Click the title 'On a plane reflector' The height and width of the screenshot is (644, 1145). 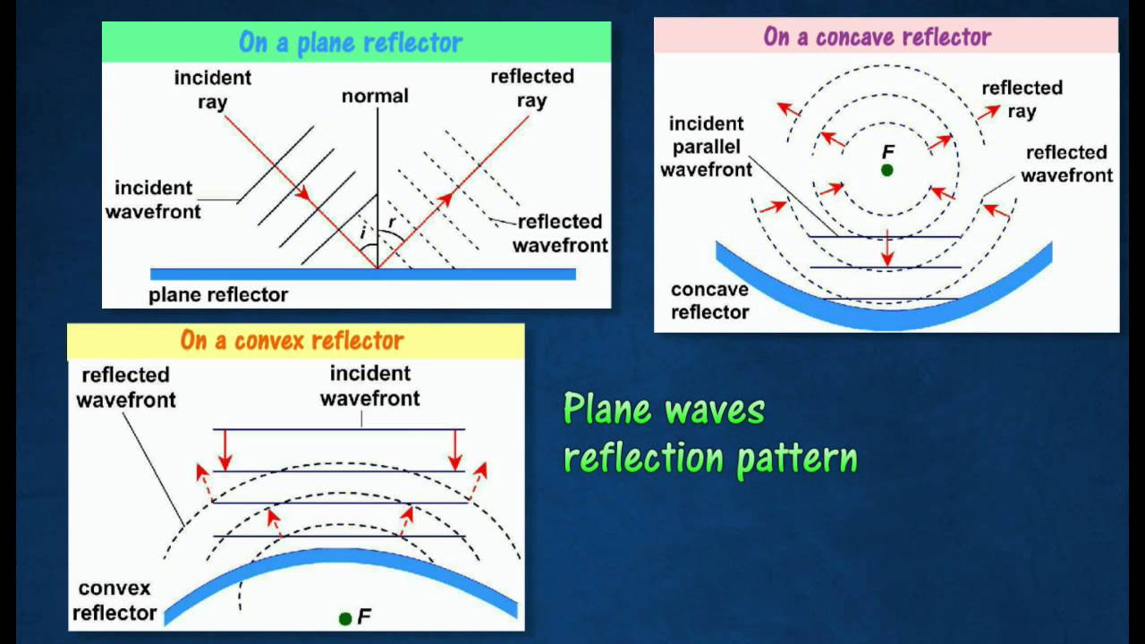[351, 42]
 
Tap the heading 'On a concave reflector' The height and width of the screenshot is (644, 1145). [878, 37]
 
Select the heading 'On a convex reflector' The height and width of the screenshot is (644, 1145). [292, 341]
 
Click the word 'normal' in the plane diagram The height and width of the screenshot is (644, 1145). [375, 96]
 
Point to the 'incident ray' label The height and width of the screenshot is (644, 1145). [213, 90]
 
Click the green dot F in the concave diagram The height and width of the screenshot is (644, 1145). [887, 170]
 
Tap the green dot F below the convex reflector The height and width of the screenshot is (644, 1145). [345, 619]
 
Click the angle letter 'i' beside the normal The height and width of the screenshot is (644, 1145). [362, 233]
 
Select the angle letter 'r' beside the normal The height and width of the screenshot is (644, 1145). [392, 223]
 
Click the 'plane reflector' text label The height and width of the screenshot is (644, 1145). [218, 295]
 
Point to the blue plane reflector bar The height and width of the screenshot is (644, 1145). [363, 275]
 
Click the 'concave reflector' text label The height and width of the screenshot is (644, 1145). [710, 301]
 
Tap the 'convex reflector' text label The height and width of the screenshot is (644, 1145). [114, 600]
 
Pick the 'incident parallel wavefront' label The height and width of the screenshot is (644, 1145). [707, 147]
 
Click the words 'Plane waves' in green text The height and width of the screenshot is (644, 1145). [664, 409]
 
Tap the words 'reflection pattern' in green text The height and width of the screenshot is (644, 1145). [710, 458]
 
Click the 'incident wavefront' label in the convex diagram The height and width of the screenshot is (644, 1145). [370, 386]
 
